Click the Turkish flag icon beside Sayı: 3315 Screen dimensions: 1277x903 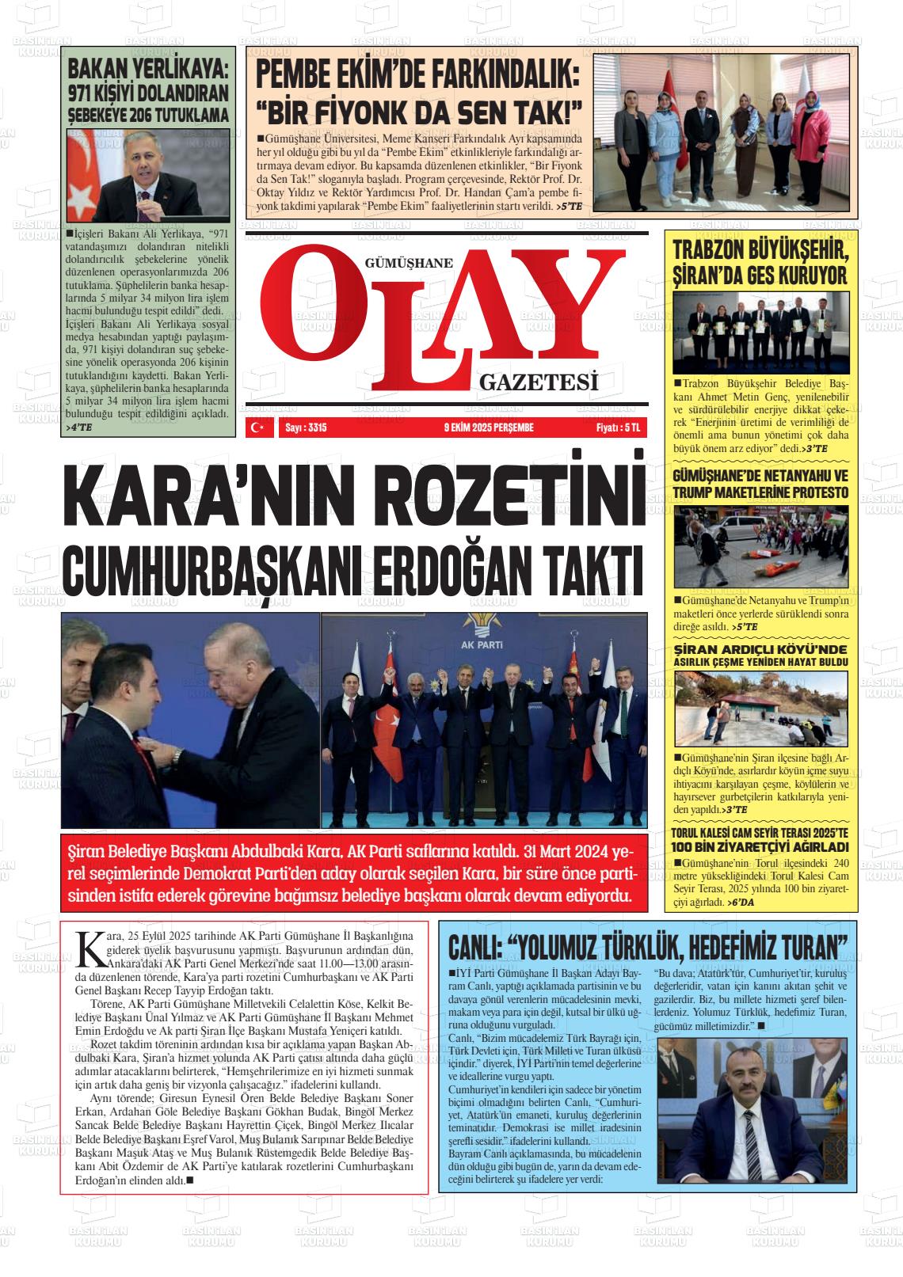point(256,428)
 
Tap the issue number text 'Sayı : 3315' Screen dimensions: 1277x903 point(305,428)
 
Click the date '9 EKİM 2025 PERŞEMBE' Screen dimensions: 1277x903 point(489,428)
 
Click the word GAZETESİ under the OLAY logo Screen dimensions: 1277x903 point(538,383)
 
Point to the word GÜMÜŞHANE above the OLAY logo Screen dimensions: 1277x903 point(409,264)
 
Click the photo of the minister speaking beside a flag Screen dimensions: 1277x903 point(149,176)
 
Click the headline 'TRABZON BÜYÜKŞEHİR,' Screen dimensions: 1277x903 point(760,252)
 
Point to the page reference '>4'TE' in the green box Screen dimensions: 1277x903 point(78,428)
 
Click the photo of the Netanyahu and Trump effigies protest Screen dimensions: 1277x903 point(760,545)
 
